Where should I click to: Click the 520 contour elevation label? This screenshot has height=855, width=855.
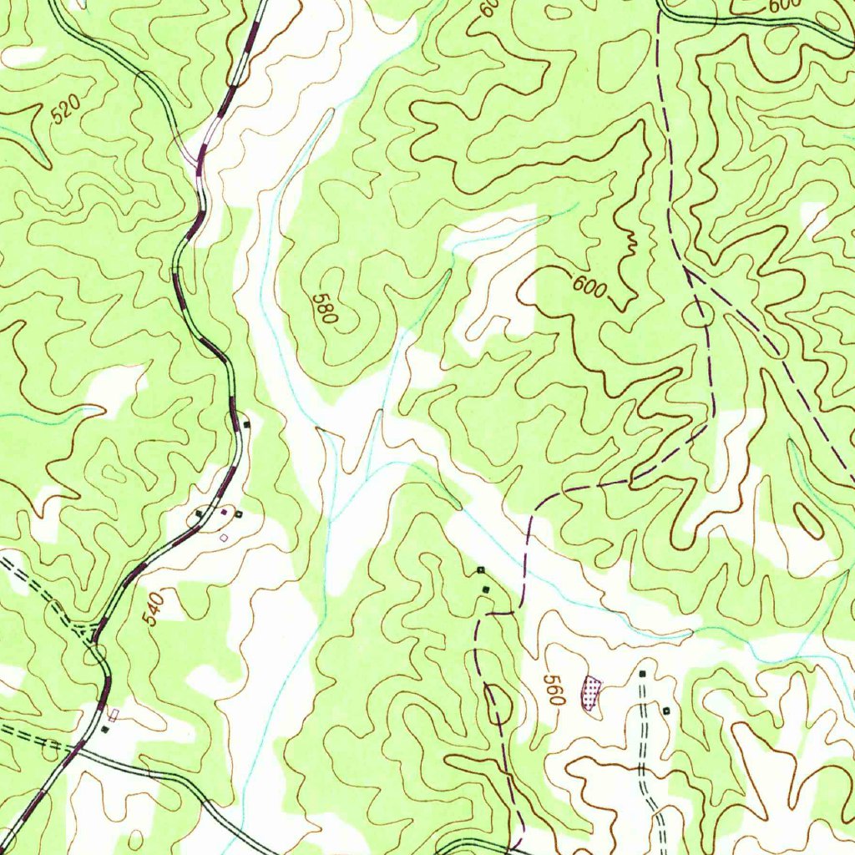[66, 110]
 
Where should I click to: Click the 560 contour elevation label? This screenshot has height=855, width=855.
[553, 691]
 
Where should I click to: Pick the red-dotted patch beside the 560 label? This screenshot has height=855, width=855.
[592, 693]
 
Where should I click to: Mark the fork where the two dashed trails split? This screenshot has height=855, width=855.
[685, 270]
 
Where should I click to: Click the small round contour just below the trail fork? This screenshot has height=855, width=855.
[699, 314]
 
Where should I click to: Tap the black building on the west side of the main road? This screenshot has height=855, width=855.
[199, 513]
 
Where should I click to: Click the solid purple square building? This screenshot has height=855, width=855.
[224, 511]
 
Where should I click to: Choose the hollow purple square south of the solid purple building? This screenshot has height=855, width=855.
[223, 538]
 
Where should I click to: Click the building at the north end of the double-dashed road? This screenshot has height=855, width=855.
[642, 672]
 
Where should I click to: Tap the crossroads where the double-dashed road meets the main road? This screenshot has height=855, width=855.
[80, 746]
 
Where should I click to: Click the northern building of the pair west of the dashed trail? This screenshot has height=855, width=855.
[480, 569]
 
